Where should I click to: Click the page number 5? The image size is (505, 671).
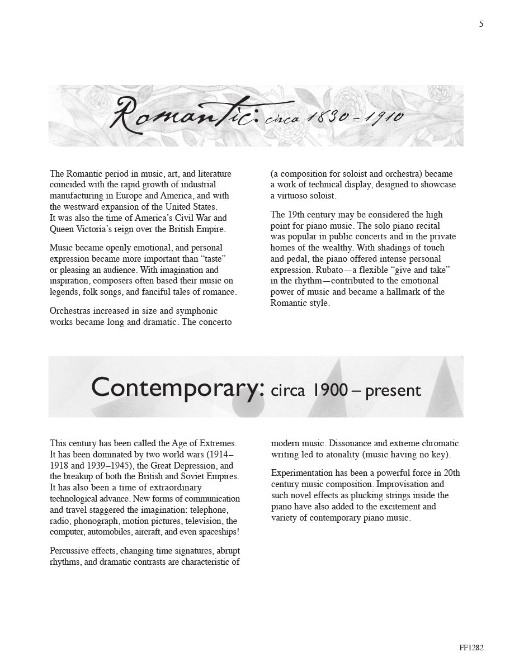point(481,24)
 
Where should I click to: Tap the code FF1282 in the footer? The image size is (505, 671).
point(471,648)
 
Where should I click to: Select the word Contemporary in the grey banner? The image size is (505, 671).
point(177,387)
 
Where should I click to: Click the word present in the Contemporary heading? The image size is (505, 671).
point(393,391)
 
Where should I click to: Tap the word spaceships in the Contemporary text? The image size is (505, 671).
point(214,531)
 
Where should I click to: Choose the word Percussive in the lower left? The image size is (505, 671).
point(70,551)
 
